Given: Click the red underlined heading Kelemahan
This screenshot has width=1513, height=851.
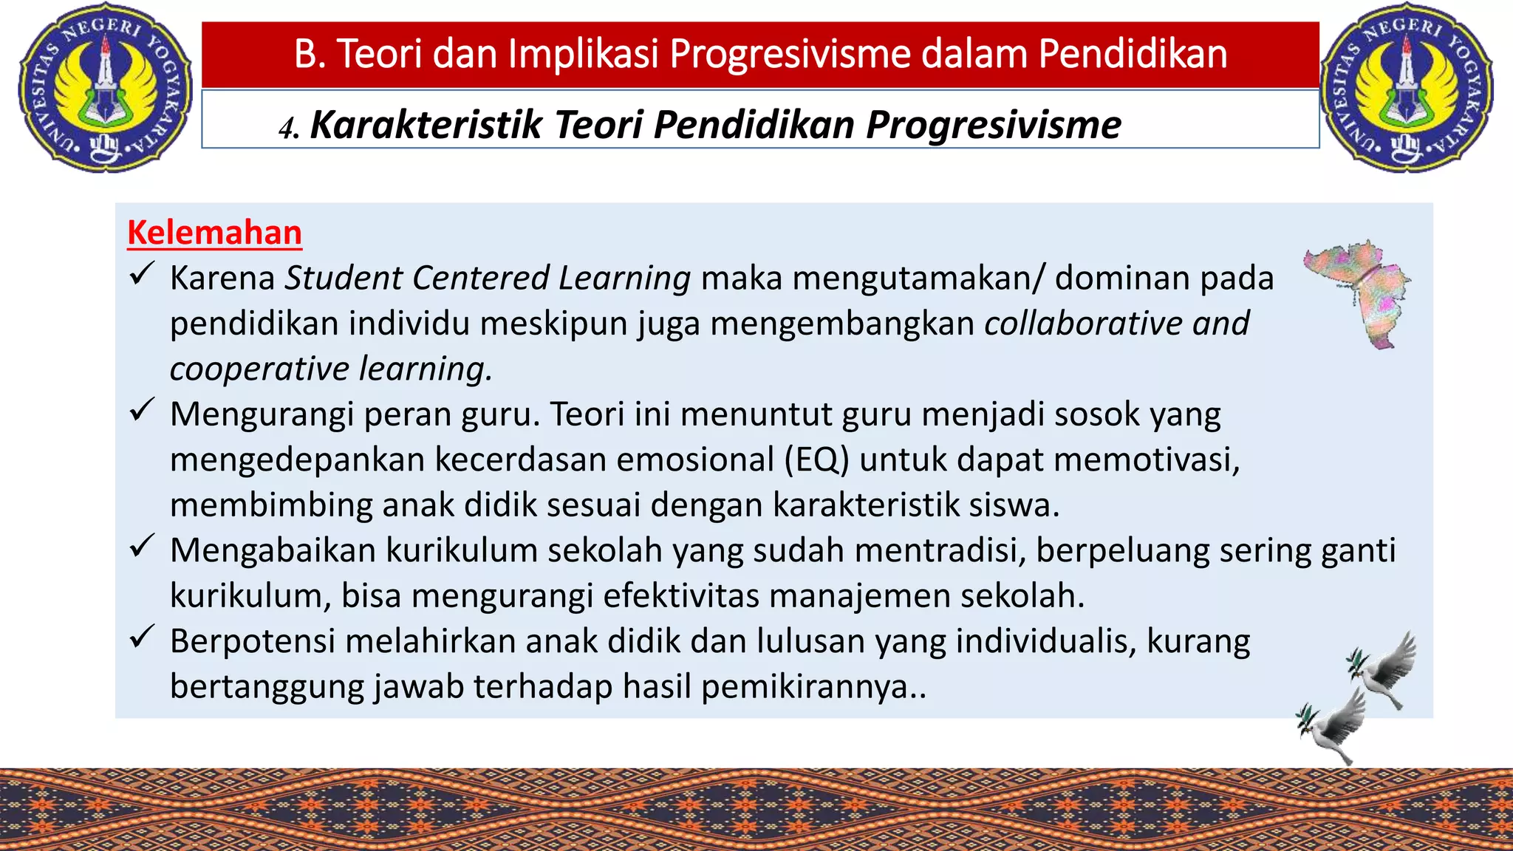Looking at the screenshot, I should tap(214, 233).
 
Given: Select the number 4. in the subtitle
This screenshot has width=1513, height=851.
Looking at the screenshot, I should tap(289, 129).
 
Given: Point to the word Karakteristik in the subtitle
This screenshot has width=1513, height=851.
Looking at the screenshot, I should tap(426, 124).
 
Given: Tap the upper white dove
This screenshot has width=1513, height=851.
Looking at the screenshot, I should tap(1383, 669).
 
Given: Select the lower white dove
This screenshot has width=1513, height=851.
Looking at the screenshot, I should tap(1333, 727).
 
